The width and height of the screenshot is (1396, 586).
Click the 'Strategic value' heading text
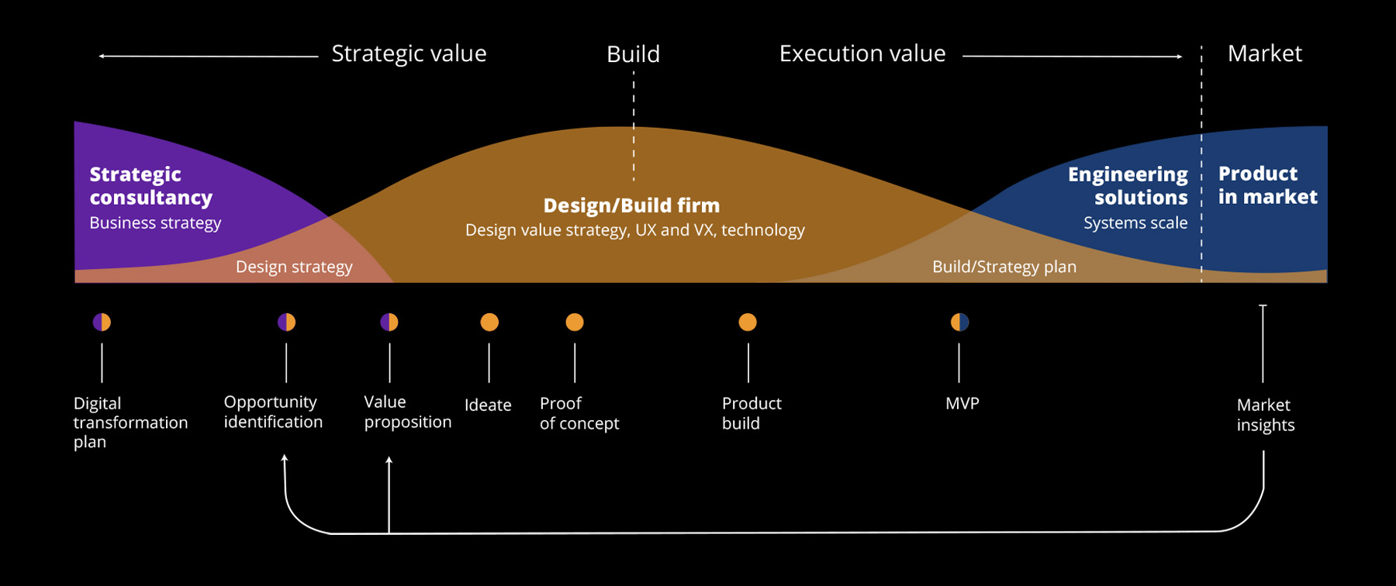click(409, 53)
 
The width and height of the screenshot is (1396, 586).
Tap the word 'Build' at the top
click(633, 54)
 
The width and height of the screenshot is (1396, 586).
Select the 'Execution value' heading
click(862, 53)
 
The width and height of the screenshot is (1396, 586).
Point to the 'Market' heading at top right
click(1264, 53)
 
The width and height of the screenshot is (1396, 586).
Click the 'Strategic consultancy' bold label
click(150, 186)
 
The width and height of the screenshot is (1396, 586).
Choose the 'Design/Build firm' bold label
click(631, 205)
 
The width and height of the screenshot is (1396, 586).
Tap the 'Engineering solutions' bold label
click(1128, 186)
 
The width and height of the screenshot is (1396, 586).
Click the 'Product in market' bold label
click(1267, 185)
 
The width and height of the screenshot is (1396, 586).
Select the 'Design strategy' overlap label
click(294, 267)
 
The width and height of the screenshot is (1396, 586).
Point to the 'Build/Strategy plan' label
click(1004, 267)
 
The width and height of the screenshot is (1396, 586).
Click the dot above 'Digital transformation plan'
click(102, 322)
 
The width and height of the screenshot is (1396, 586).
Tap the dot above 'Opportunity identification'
click(286, 322)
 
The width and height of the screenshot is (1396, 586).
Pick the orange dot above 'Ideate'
click(489, 322)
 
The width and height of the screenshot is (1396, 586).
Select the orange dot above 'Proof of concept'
click(575, 322)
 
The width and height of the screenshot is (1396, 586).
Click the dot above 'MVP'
click(959, 322)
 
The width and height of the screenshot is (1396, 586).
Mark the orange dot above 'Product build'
click(748, 322)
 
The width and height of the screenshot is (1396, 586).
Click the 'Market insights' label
click(1265, 415)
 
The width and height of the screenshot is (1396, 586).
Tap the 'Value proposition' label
click(407, 412)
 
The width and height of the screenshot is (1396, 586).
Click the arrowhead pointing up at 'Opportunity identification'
click(285, 459)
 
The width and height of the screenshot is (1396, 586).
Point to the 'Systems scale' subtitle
click(1135, 223)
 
